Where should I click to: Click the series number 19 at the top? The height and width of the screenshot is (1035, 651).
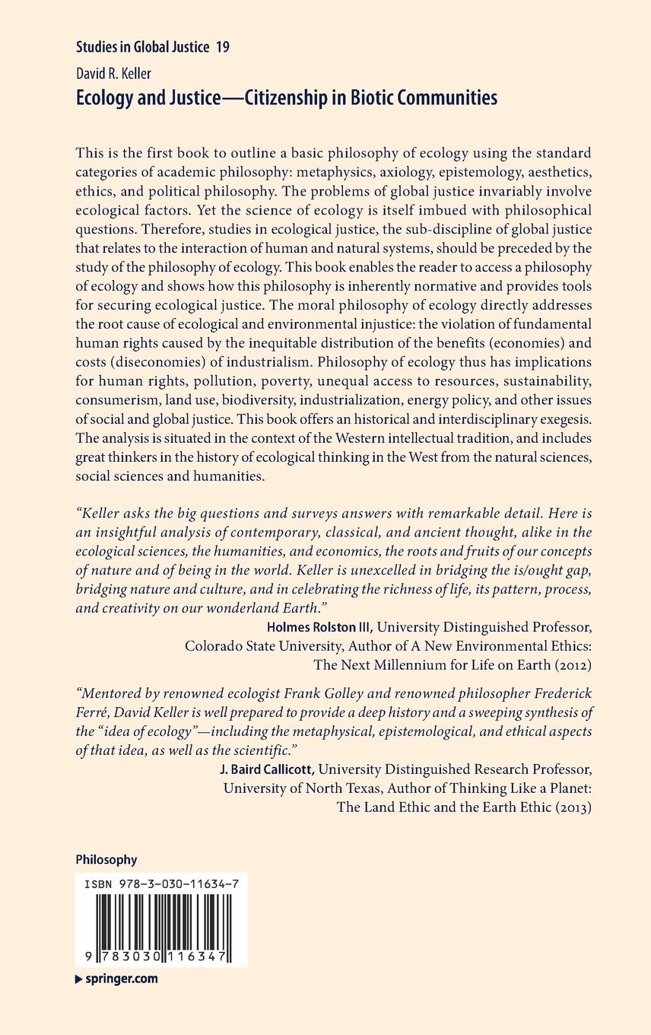223,47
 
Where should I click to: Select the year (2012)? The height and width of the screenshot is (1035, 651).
563,664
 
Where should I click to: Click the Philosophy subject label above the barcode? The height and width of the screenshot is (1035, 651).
106,859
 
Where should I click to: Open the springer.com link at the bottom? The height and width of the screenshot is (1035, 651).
122,979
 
